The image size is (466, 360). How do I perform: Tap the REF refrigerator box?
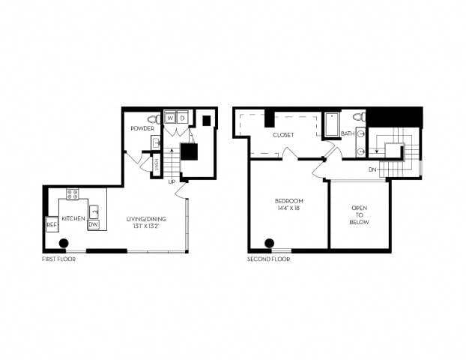52,223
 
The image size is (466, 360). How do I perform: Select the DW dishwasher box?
94,223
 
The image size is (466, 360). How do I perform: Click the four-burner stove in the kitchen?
73,194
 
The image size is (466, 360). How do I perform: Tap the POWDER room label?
142,128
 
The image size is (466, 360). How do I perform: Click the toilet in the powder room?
154,118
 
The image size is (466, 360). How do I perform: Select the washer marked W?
170,118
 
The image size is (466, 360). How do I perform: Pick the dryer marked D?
182,118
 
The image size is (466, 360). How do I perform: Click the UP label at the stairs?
172,181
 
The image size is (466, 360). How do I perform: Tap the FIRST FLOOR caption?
59,259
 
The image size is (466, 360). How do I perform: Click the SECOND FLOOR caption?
268,259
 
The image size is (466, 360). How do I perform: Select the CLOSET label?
283,135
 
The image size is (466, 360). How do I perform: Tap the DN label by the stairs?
372,170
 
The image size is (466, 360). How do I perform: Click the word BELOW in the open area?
360,223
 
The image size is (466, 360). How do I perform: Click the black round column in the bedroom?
269,243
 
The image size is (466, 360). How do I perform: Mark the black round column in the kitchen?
64,243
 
